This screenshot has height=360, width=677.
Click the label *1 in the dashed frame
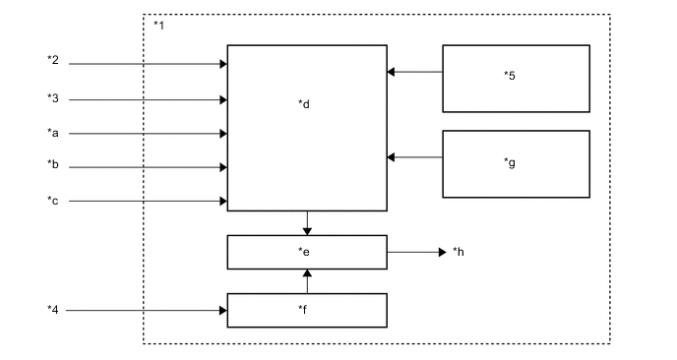pyautogui.click(x=159, y=23)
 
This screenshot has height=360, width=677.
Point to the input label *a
pyautogui.click(x=53, y=131)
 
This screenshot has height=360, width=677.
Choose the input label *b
pyautogui.click(x=53, y=165)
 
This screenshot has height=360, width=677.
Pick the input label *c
pyautogui.click(x=53, y=200)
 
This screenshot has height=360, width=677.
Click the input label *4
pyautogui.click(x=53, y=310)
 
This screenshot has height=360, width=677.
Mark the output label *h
pyautogui.click(x=459, y=252)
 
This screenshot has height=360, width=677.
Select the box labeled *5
pyautogui.click(x=516, y=78)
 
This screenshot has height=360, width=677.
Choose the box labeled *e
pyautogui.click(x=306, y=253)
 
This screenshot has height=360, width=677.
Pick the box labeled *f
pyautogui.click(x=306, y=310)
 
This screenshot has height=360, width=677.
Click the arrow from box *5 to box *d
pyautogui.click(x=414, y=71)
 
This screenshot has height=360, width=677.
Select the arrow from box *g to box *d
pyautogui.click(x=414, y=156)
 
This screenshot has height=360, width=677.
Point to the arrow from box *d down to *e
pyautogui.click(x=307, y=223)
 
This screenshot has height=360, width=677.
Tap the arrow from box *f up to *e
pyautogui.click(x=307, y=281)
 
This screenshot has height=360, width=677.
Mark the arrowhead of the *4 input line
pyautogui.click(x=223, y=311)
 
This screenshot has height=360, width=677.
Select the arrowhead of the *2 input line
pyautogui.click(x=223, y=65)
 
